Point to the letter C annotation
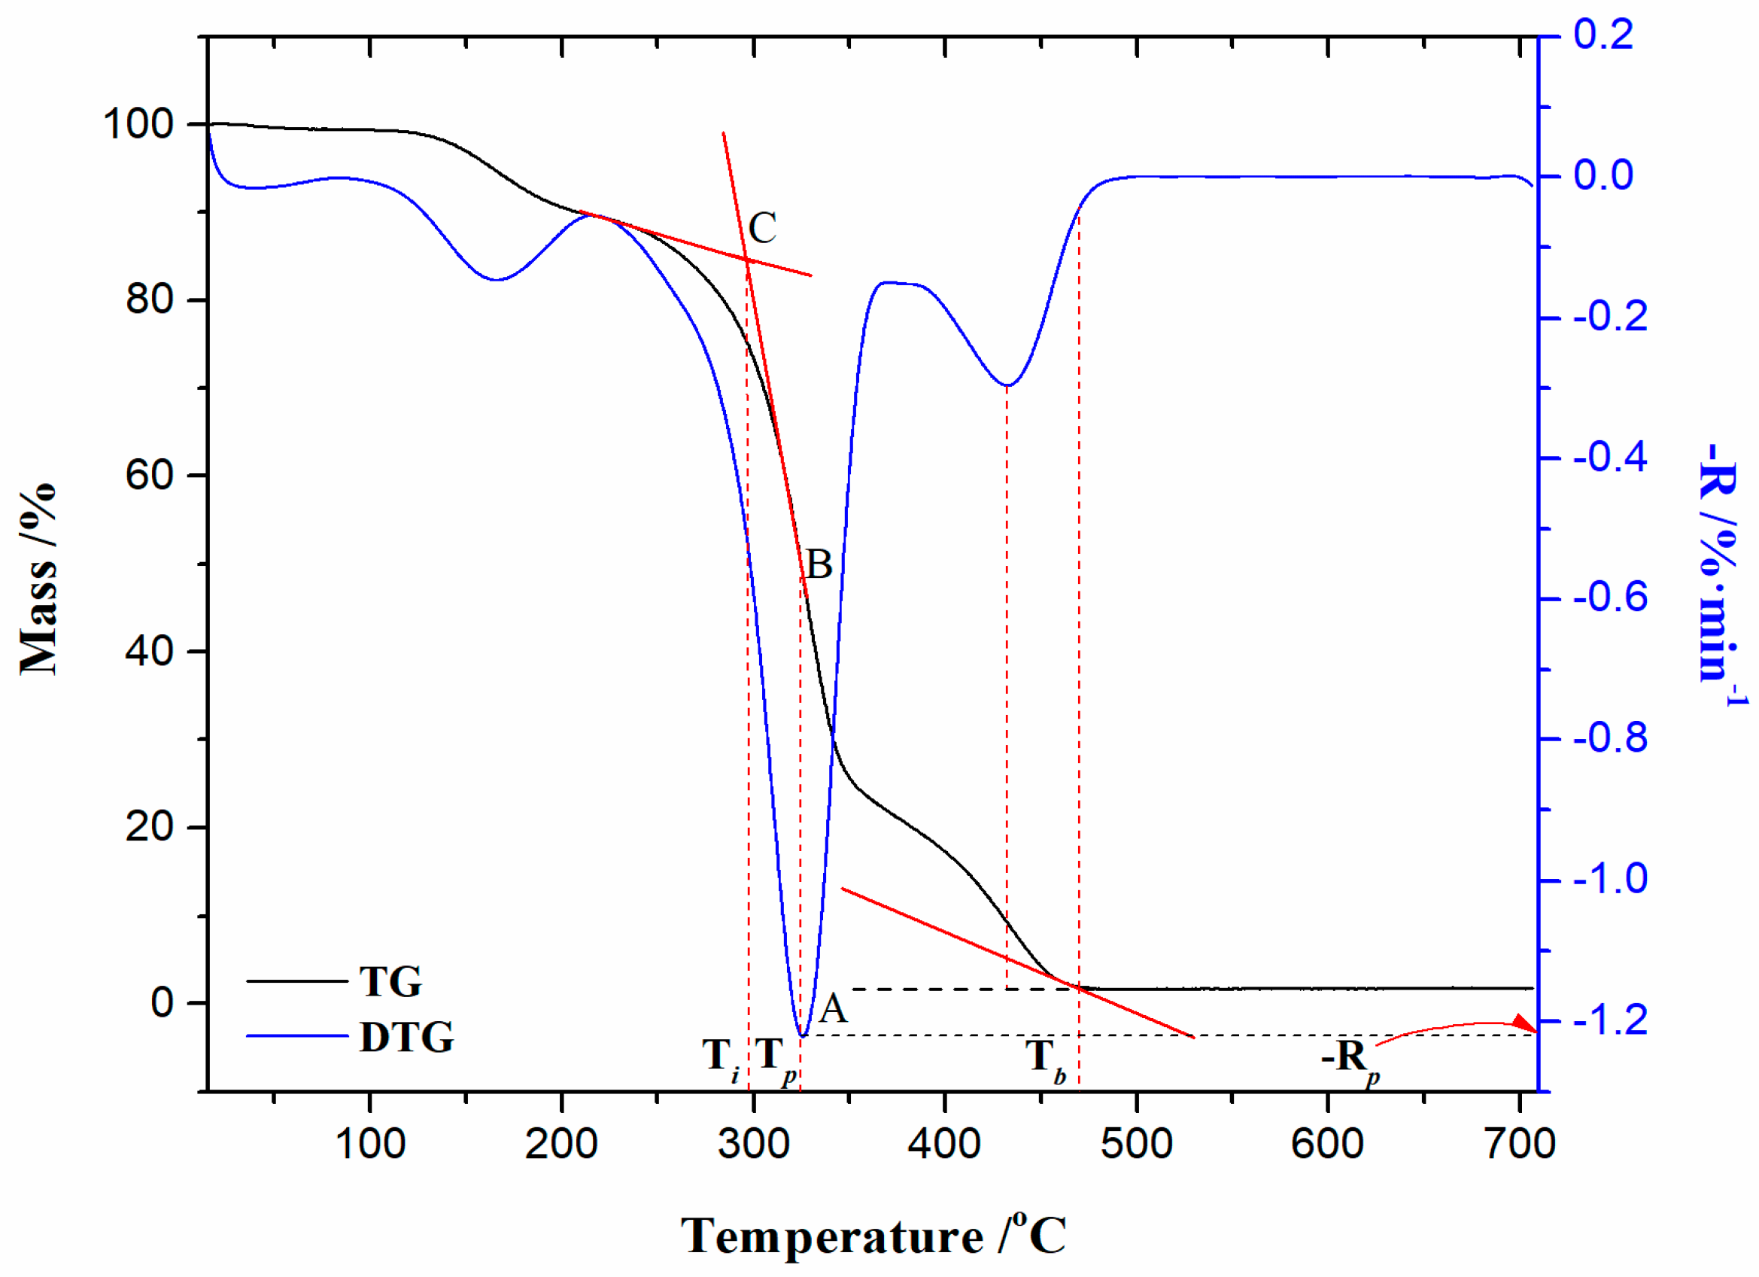(x=761, y=228)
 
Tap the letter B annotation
(x=819, y=565)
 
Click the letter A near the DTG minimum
(x=834, y=1009)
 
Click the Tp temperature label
(x=775, y=1058)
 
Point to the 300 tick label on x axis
(x=754, y=1145)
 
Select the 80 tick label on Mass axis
(x=150, y=299)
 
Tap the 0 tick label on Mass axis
(x=162, y=1003)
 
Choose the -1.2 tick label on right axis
(x=1611, y=1020)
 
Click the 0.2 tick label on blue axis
(x=1603, y=35)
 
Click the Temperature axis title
(x=873, y=1236)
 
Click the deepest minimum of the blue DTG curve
(x=803, y=1035)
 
